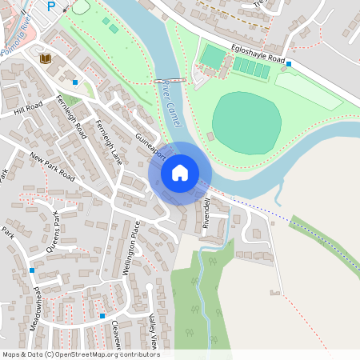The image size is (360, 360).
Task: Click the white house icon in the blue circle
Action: tap(180, 172)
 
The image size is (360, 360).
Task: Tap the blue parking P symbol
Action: tap(52, 6)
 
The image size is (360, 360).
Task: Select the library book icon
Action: tap(45, 58)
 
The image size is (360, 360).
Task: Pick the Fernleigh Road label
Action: tap(70, 114)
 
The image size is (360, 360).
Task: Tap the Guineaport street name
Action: tap(150, 144)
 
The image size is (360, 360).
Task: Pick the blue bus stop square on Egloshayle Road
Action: tap(289, 63)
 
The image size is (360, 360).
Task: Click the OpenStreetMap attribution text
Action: tap(81, 354)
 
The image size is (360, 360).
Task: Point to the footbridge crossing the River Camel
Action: tap(170, 81)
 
